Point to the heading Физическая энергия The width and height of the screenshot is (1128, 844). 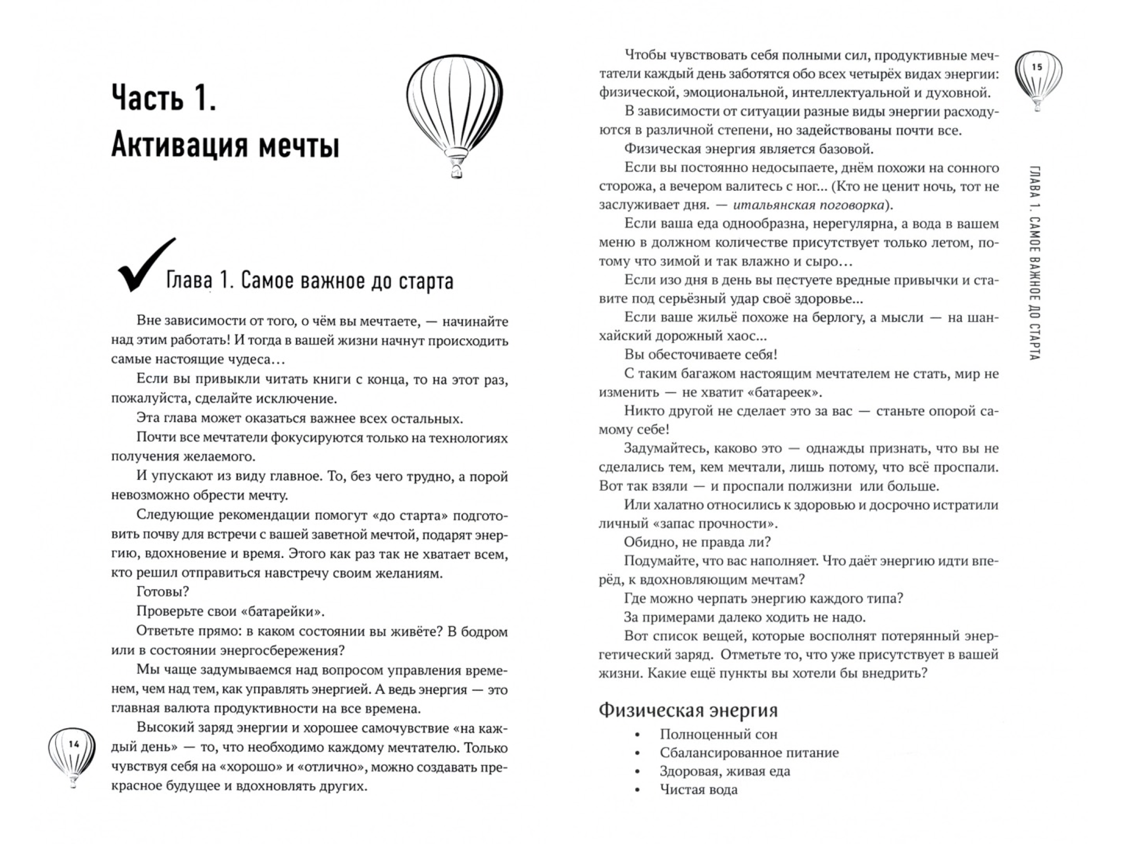[x=688, y=711]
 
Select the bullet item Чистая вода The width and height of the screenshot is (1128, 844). [x=698, y=790]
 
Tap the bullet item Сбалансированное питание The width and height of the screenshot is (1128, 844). [x=749, y=753]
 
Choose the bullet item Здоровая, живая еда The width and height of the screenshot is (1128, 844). [x=724, y=772]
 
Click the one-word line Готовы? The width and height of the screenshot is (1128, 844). [x=162, y=592]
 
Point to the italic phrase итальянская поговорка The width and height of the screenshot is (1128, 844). [x=808, y=205]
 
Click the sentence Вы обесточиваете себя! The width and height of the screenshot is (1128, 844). [x=700, y=355]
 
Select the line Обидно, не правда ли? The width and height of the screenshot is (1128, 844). [x=697, y=542]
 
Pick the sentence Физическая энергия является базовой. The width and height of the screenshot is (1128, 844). [x=748, y=150]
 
